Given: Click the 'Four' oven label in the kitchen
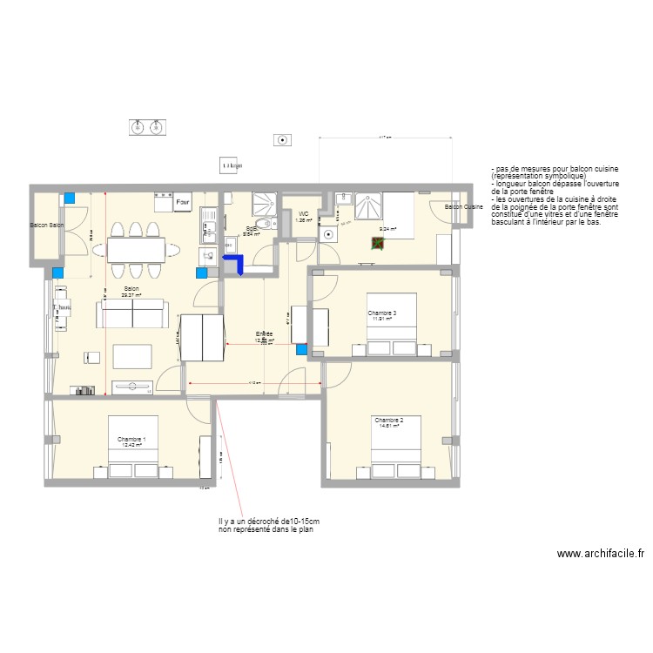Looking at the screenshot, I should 183,204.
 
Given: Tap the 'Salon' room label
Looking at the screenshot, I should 131,289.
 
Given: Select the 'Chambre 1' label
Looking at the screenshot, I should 131,440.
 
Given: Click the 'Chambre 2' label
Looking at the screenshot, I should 387,420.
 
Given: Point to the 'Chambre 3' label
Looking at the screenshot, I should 381,313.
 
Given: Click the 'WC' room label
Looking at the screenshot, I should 303,213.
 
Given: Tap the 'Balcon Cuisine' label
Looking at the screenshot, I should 463,207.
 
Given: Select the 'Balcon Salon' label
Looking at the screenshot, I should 47,226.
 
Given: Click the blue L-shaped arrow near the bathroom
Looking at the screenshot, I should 233,264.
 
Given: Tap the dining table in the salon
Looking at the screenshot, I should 136,250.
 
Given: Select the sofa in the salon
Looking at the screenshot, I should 131,313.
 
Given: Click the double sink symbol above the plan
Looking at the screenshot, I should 146,128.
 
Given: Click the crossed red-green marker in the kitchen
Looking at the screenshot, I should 377,243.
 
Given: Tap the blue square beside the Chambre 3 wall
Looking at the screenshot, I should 302,350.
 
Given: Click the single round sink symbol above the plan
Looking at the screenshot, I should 281,139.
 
